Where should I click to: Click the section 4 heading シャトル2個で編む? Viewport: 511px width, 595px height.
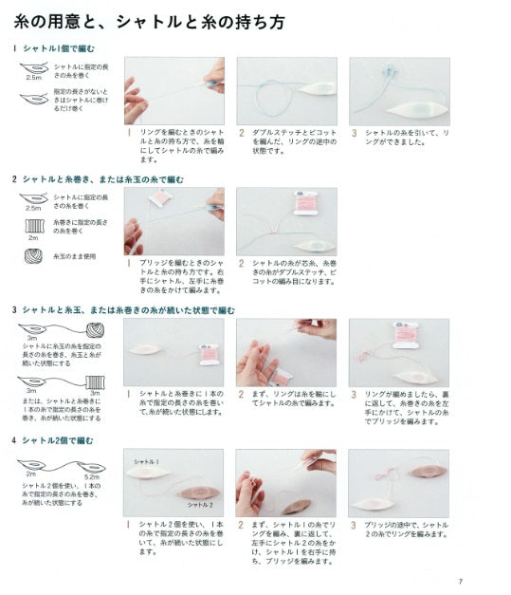[x=56, y=440]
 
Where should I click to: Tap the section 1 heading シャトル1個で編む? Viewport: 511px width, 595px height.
[x=56, y=47]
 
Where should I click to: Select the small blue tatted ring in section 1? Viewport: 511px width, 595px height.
[x=388, y=71]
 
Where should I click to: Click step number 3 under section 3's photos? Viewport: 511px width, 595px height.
[x=354, y=393]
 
